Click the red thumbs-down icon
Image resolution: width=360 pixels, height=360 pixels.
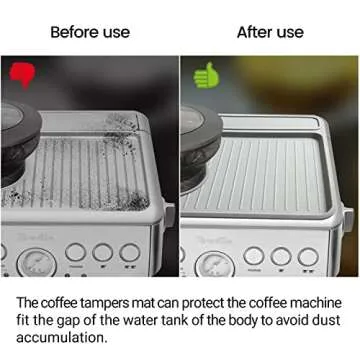(22, 75)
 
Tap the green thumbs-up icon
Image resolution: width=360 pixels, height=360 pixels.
(206, 75)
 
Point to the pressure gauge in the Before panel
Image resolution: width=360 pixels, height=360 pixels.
(37, 263)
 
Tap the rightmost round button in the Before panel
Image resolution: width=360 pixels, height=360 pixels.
(130, 252)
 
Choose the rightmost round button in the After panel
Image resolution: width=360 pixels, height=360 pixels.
(308, 257)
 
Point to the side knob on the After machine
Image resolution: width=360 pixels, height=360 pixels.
(348, 219)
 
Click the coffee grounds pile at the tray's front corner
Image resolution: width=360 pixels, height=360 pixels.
(137, 201)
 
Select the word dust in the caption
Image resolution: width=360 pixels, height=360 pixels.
(327, 320)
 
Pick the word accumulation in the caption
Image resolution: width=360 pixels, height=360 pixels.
(62, 338)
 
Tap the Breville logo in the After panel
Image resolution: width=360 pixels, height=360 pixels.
(214, 240)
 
